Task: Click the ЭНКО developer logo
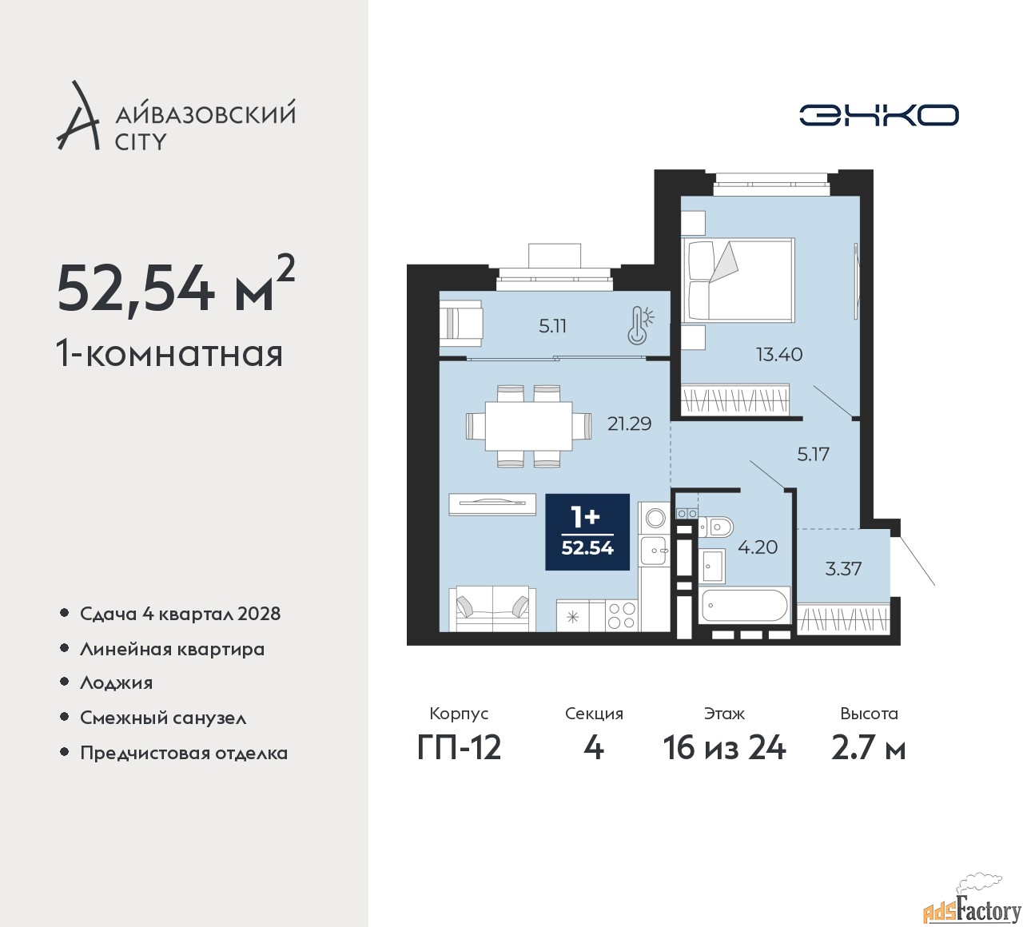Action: tap(878, 115)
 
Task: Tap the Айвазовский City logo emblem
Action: tap(78, 117)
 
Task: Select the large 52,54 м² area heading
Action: tap(176, 287)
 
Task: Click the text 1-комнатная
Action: tap(169, 353)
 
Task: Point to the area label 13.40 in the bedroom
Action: tap(779, 354)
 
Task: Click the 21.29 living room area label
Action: tap(629, 424)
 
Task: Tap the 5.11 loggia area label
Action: tap(552, 326)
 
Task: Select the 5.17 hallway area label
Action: tap(813, 454)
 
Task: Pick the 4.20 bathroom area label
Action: tap(757, 547)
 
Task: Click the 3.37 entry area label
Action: tap(843, 569)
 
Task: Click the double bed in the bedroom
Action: tap(738, 280)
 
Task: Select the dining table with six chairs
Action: tap(528, 426)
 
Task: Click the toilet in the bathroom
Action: tap(716, 527)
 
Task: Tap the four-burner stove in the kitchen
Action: tap(621, 615)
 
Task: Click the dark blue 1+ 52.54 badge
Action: tap(587, 532)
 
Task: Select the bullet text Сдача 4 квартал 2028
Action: tap(180, 614)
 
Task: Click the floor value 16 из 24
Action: tap(724, 748)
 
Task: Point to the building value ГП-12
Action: tap(459, 748)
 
